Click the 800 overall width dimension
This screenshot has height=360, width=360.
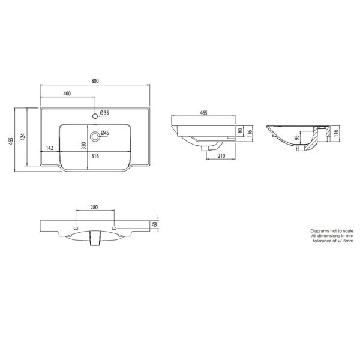[95, 81]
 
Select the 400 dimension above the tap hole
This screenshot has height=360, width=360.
[67, 94]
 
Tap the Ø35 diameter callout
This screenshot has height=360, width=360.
[104, 113]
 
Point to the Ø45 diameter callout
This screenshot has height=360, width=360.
[104, 133]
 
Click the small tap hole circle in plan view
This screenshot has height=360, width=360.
[95, 116]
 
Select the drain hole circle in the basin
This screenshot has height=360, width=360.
[94, 137]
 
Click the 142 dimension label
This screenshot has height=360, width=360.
[50, 148]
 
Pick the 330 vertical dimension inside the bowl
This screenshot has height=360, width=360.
[84, 146]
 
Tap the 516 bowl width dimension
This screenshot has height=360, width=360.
[95, 156]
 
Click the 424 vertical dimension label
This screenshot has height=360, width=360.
[23, 137]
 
